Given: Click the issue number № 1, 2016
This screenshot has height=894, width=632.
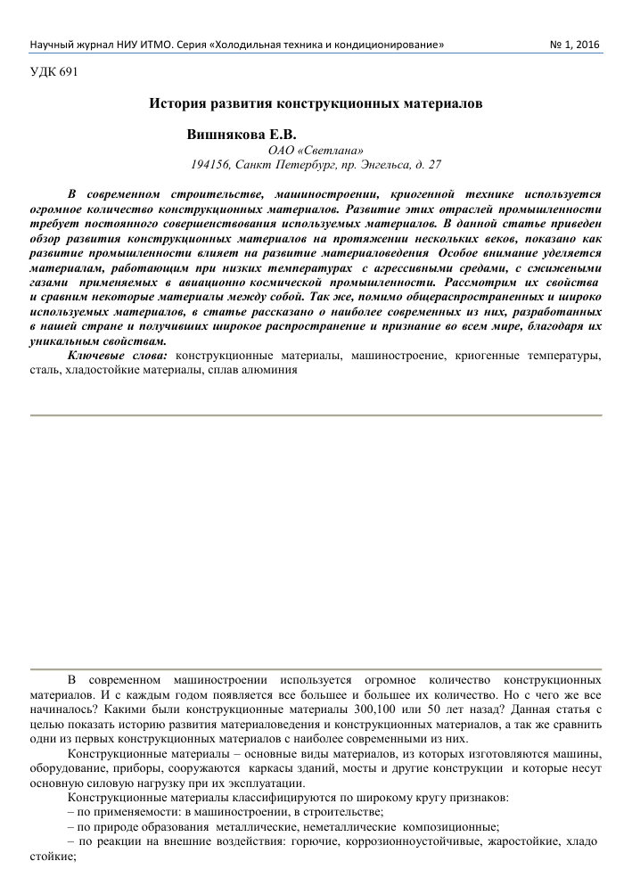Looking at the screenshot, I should pyautogui.click(x=577, y=44).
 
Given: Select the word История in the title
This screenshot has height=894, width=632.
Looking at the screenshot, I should pyautogui.click(x=178, y=103).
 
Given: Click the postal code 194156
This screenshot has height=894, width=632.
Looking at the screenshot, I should pyautogui.click(x=211, y=165).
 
